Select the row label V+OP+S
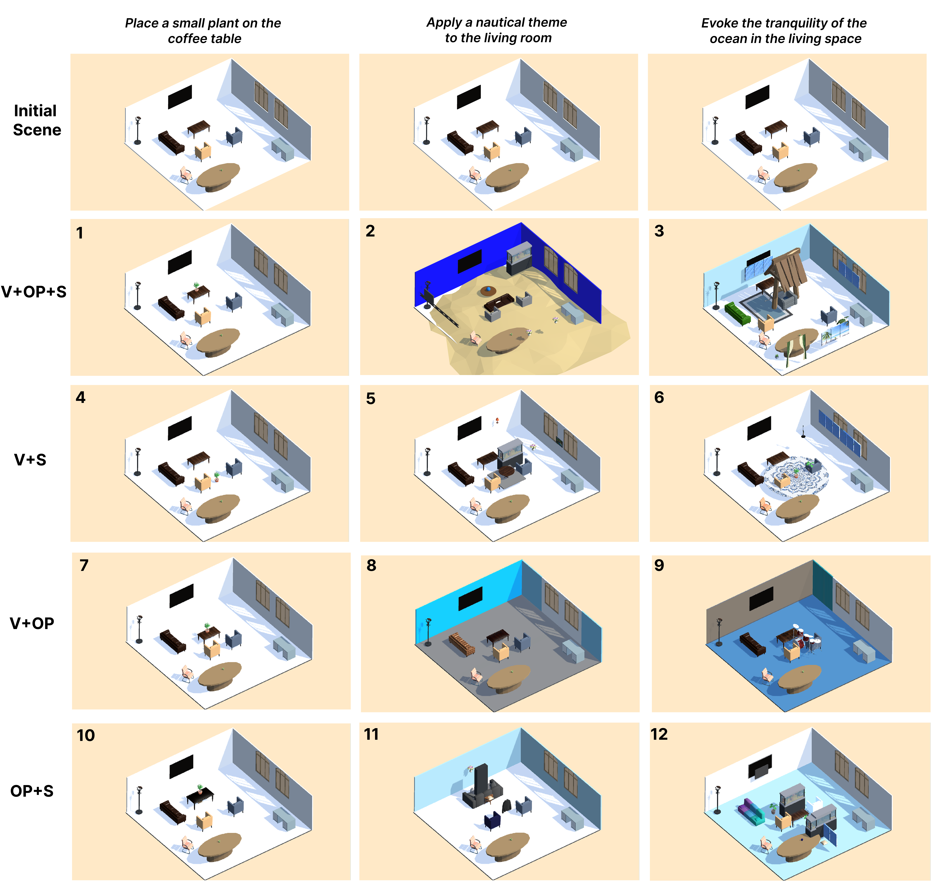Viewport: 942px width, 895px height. point(34,291)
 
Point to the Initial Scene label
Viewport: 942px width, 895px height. point(37,120)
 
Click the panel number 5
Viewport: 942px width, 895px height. point(371,398)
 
